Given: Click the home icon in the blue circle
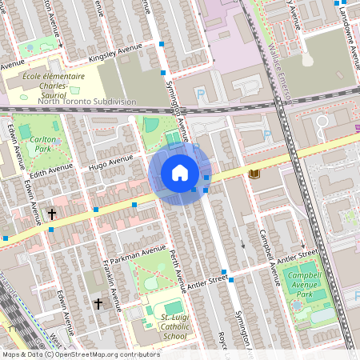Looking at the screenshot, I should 179,173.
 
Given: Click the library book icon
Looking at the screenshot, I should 254,174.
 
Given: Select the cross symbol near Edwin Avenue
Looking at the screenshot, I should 52,214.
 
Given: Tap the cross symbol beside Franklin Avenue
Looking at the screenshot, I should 98,304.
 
